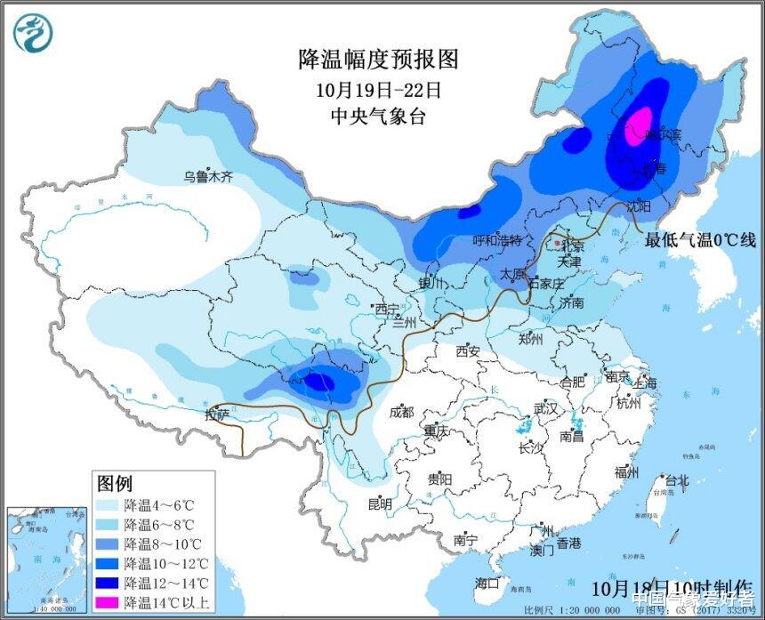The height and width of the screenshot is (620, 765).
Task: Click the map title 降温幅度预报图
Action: click(378, 60)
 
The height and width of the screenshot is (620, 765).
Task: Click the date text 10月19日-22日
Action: click(378, 89)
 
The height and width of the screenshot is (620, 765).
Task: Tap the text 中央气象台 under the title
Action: click(378, 117)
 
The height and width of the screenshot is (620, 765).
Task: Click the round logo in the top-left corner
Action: click(33, 33)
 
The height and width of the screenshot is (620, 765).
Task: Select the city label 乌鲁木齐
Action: click(207, 177)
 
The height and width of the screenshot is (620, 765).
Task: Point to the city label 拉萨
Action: click(217, 414)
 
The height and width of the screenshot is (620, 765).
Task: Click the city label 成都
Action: click(401, 412)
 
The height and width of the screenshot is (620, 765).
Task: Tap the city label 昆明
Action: click(380, 504)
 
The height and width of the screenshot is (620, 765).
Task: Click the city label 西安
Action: click(468, 351)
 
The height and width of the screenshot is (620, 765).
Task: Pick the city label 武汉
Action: click(544, 408)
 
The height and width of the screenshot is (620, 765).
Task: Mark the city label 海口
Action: click(487, 583)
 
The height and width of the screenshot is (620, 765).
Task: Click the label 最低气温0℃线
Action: click(700, 239)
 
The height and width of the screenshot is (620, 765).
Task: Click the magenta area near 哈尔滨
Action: click(640, 127)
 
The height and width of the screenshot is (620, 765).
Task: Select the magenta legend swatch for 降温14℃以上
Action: click(109, 601)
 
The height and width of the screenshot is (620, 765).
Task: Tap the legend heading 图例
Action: click(114, 483)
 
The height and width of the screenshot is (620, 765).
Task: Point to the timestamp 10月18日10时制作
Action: click(671, 588)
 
